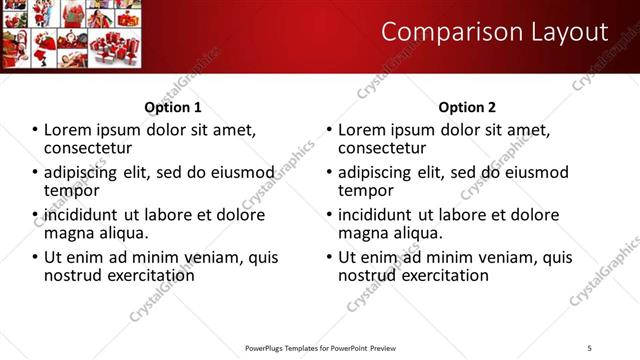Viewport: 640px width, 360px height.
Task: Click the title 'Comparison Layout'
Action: pos(495,33)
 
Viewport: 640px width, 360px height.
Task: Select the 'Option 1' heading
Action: pos(173,107)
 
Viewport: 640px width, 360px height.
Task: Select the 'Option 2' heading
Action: pos(467,107)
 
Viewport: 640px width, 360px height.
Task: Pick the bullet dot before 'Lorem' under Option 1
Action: pos(35,130)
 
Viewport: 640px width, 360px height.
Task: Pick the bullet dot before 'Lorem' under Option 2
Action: pos(329,130)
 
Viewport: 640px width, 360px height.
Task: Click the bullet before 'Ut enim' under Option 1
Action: pos(35,258)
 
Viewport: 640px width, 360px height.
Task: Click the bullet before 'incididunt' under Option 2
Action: pos(329,215)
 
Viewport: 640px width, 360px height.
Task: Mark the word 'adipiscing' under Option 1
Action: pos(81,172)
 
